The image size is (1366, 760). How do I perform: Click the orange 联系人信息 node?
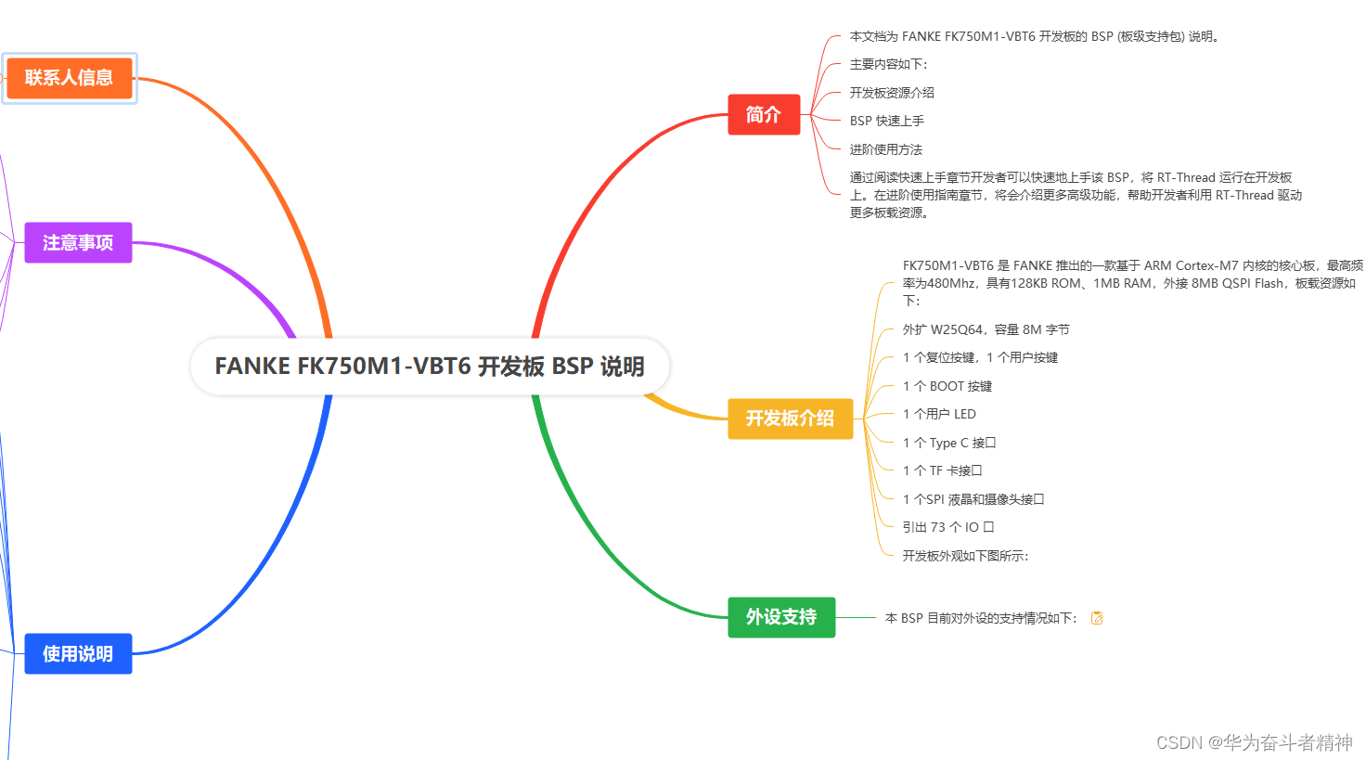pos(70,78)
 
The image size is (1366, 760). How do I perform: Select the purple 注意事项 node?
pos(78,243)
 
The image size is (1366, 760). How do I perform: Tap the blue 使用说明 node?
pos(78,654)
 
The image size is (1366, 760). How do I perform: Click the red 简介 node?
pos(763,115)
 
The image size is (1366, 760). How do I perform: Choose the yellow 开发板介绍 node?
pos(790,419)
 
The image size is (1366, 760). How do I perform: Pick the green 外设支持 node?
pos(781,618)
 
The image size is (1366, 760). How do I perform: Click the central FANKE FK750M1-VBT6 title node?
pos(430,367)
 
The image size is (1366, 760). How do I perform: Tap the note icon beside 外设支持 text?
pos(1097,618)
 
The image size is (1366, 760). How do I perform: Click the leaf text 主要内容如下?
pos(888,65)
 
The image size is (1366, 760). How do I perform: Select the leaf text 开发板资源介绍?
pos(892,93)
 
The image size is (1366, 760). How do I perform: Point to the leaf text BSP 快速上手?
pos(886,122)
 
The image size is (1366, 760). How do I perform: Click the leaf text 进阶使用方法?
pos(885,149)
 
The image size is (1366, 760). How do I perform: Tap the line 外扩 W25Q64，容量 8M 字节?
pos(986,329)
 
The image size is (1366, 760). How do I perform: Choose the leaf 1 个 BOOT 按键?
pos(947,386)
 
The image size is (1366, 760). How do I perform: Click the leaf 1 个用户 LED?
pos(939,414)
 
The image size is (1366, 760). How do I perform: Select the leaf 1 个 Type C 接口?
pos(948,443)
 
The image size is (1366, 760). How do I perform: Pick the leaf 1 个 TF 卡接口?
pos(942,470)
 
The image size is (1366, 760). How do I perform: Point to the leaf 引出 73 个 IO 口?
pos(947,527)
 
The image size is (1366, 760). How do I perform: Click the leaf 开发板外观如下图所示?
pos(965,556)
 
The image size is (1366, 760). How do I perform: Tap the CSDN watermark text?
pos(1254,742)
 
